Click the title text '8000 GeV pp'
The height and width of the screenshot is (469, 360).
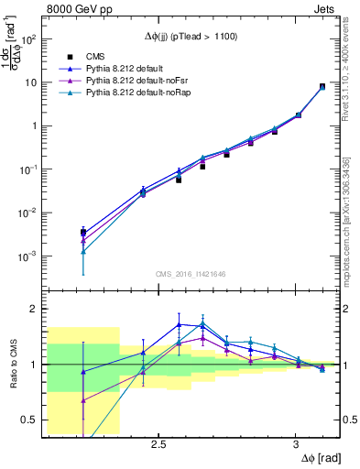(74, 10)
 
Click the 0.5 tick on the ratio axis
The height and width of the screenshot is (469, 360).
(29, 420)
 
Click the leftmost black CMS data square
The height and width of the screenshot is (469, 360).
(83, 232)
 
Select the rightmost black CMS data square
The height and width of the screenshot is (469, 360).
(322, 87)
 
